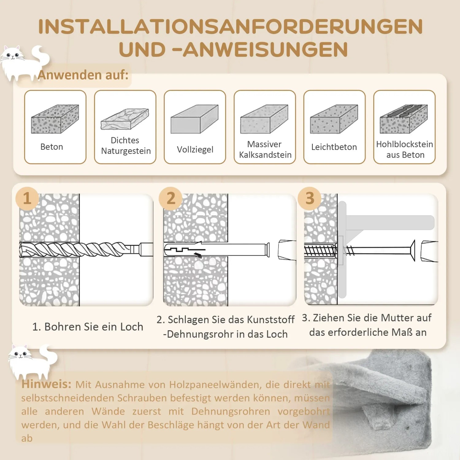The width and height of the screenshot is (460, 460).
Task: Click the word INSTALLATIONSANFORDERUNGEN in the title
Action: [230, 27]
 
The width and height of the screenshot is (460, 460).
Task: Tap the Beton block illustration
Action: [55, 119]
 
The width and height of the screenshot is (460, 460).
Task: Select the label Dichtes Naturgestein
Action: [125, 146]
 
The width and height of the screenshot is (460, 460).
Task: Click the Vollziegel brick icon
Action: [194, 119]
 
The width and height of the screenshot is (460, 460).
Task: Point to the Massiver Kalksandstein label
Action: [265, 149]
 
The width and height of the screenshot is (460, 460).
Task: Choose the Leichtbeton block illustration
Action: [334, 119]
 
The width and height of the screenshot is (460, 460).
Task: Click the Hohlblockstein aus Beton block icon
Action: [404, 119]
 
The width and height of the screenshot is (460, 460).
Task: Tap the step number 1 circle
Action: [27, 198]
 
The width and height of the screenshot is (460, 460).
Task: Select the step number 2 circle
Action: [171, 198]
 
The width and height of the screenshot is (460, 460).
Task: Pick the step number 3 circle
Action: [310, 198]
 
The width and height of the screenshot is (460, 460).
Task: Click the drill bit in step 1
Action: [77, 249]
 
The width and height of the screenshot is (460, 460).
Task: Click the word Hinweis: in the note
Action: [46, 384]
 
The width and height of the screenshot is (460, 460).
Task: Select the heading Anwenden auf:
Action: [83, 75]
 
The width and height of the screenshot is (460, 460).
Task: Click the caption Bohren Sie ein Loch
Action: [88, 327]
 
